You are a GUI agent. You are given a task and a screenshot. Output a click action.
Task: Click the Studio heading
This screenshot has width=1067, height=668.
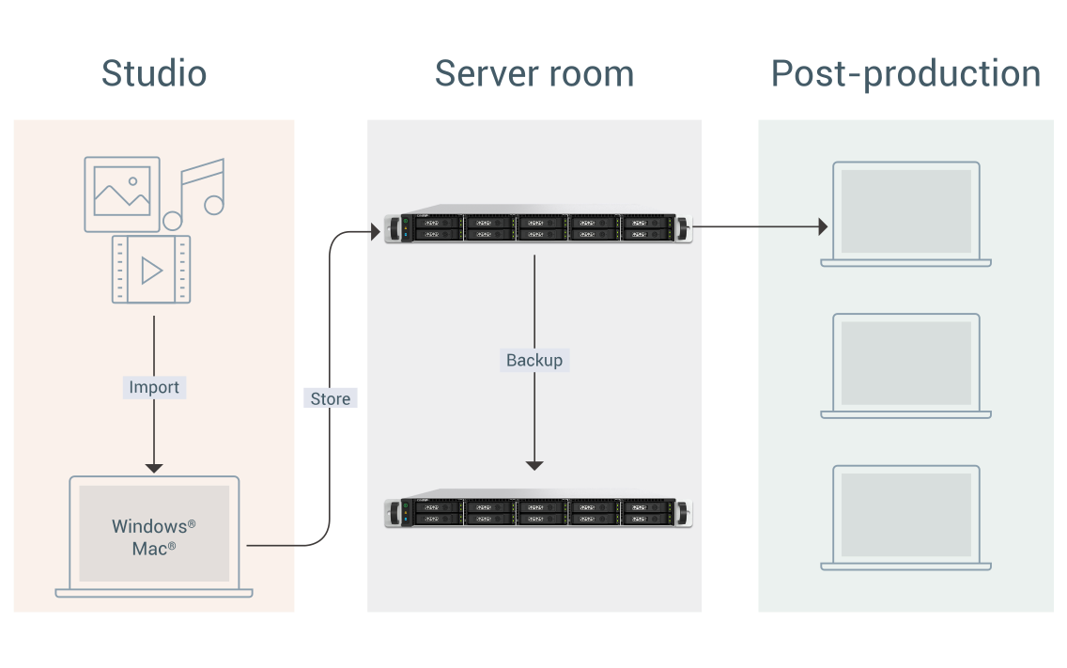pyautogui.click(x=154, y=73)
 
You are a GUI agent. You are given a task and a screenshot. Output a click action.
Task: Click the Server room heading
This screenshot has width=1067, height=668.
pyautogui.click(x=533, y=73)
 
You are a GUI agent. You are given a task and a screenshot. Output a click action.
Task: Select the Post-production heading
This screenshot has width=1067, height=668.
pyautogui.click(x=905, y=73)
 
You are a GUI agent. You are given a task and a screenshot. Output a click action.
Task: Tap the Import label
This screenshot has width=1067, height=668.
pyautogui.click(x=154, y=387)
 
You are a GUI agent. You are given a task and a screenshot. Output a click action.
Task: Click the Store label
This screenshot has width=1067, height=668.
pyautogui.click(x=331, y=398)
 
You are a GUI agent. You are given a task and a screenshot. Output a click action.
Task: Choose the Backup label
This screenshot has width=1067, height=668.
pyautogui.click(x=534, y=360)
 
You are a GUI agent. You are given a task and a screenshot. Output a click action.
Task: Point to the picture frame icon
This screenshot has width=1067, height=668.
pyautogui.click(x=122, y=194)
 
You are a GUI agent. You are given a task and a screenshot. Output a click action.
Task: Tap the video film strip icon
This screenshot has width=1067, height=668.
pyautogui.click(x=150, y=270)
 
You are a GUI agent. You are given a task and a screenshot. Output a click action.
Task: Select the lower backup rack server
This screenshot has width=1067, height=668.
pyautogui.click(x=538, y=510)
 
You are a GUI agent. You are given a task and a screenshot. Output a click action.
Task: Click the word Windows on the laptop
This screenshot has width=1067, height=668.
pyautogui.click(x=149, y=526)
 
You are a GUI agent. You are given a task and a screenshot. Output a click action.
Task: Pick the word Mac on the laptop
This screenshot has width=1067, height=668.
pyautogui.click(x=149, y=548)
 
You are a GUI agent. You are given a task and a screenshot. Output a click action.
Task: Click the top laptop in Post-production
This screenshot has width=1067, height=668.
pyautogui.click(x=905, y=213)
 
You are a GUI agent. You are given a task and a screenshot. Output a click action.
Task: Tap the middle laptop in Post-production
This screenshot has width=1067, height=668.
pyautogui.click(x=905, y=365)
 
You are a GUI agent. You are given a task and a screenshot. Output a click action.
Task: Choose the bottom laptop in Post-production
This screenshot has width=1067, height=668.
pyautogui.click(x=905, y=518)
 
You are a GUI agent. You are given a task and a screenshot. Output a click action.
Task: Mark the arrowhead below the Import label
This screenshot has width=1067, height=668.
pyautogui.click(x=154, y=467)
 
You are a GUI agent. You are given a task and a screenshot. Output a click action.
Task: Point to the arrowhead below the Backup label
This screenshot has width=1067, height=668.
pyautogui.click(x=534, y=464)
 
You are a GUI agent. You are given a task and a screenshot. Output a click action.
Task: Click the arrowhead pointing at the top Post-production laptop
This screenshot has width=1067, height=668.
pyautogui.click(x=823, y=226)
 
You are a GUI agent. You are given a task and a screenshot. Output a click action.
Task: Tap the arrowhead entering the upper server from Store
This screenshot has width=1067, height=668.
pyautogui.click(x=375, y=229)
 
